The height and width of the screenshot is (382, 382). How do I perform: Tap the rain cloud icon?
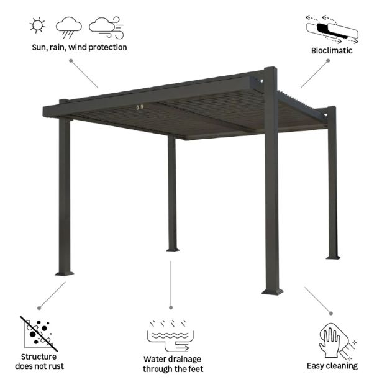69,27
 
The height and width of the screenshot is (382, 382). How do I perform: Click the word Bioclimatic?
332,50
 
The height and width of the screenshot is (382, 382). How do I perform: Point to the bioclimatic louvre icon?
331,28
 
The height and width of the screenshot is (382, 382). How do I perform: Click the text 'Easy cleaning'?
332,366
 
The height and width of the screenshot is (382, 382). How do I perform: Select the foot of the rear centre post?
172,248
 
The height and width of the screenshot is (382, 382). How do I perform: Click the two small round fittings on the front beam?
138,109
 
